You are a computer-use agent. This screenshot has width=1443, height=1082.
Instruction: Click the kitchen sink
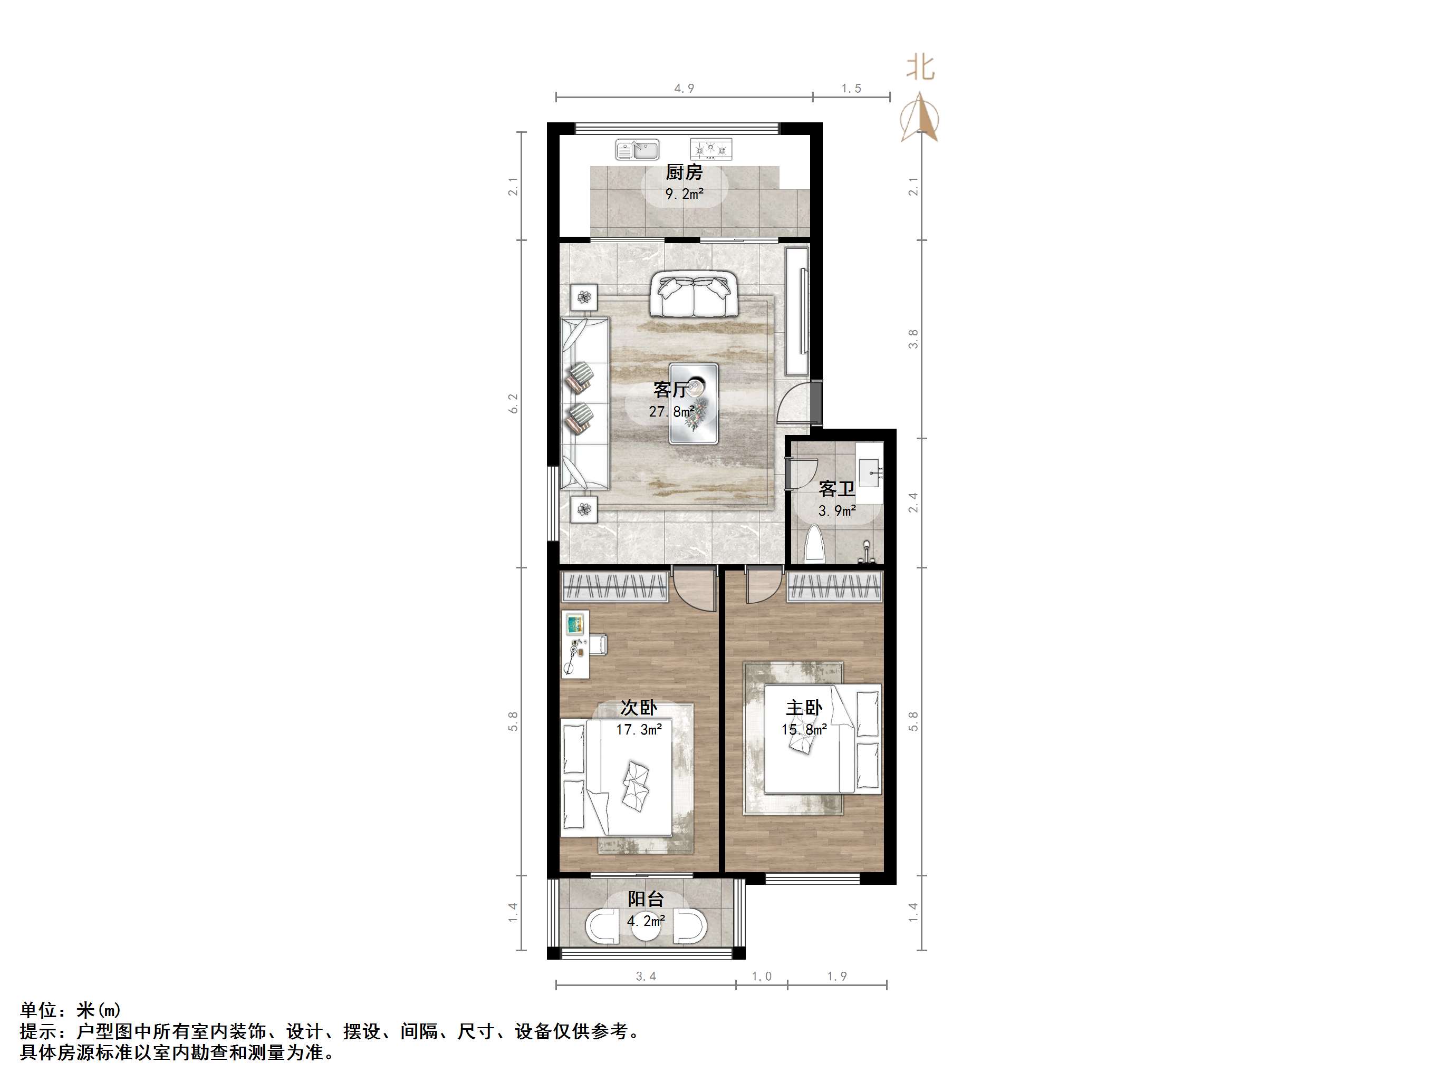[x=637, y=149]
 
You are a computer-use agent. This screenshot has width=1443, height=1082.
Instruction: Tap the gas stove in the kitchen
[x=711, y=149]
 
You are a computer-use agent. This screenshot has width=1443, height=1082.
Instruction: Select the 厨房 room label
[x=684, y=172]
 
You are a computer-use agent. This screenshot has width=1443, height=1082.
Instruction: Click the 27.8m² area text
[x=671, y=411]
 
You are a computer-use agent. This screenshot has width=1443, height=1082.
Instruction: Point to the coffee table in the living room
[x=694, y=404]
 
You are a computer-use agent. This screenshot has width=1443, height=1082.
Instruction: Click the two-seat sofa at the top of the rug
[x=693, y=295]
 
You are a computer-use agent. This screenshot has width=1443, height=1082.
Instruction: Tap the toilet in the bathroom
[x=815, y=545]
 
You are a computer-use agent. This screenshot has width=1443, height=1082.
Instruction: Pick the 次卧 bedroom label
[x=638, y=708]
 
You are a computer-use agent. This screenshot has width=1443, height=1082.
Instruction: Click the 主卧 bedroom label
[x=804, y=708]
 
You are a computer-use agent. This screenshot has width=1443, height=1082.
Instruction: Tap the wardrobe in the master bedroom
[x=834, y=586]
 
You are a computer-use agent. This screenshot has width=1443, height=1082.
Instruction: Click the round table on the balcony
[x=646, y=928]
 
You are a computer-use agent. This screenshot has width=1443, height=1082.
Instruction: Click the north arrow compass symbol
[x=920, y=118]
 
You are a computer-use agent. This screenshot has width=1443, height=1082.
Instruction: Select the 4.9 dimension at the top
[x=684, y=89]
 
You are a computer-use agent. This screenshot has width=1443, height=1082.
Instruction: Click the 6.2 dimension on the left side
[x=513, y=403]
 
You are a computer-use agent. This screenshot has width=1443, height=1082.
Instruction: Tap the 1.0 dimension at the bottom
[x=761, y=977]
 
